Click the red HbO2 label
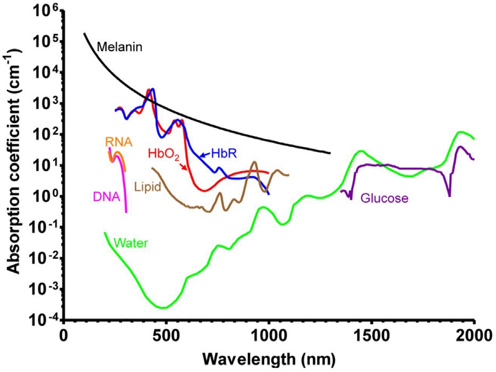(163, 155)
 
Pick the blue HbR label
(224, 154)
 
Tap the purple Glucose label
(384, 199)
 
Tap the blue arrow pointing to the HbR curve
(205, 155)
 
